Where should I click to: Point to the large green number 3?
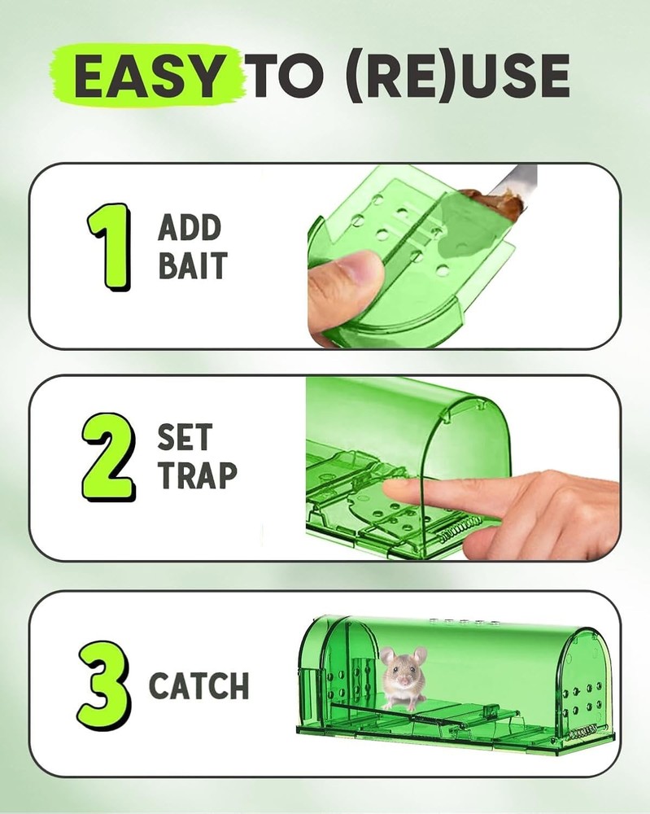coord(106,685)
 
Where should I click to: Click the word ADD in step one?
coord(190,228)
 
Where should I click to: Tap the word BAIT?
coord(193,266)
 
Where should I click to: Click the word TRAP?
coord(198,476)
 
